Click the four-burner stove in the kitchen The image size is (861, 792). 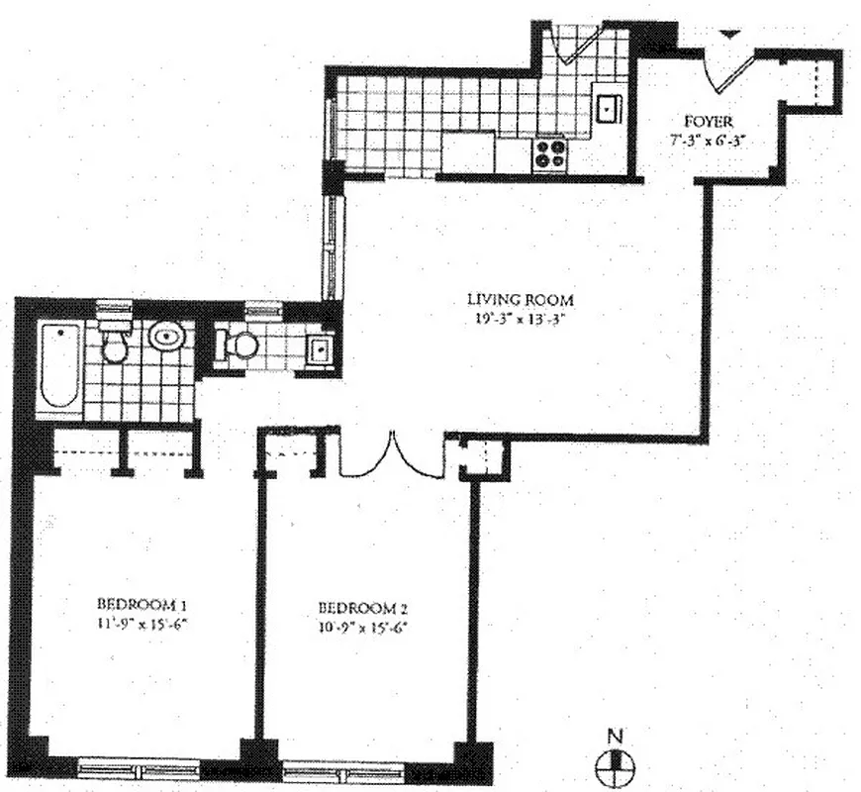click(551, 153)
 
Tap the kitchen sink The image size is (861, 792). click(607, 104)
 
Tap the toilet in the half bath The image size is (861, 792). click(238, 345)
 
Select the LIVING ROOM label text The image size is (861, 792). click(521, 299)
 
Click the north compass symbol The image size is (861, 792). click(617, 763)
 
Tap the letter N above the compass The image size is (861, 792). click(617, 736)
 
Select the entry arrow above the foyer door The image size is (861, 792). click(729, 35)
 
